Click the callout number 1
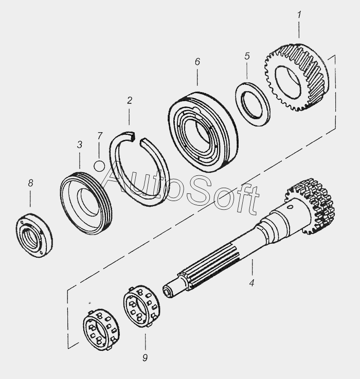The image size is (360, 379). click(299, 15)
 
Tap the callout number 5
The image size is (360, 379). click(247, 56)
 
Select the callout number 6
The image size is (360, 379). click(197, 62)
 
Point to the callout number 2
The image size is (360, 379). click(130, 101)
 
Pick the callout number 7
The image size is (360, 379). click(100, 136)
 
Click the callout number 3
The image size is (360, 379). click(80, 145)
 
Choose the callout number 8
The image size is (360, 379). click(30, 183)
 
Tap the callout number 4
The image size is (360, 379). click(251, 282)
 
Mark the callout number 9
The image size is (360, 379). click(145, 358)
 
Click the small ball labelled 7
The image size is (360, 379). click(99, 166)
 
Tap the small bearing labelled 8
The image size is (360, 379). click(34, 235)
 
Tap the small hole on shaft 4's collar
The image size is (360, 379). click(291, 207)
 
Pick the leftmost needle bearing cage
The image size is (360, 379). click(101, 329)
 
